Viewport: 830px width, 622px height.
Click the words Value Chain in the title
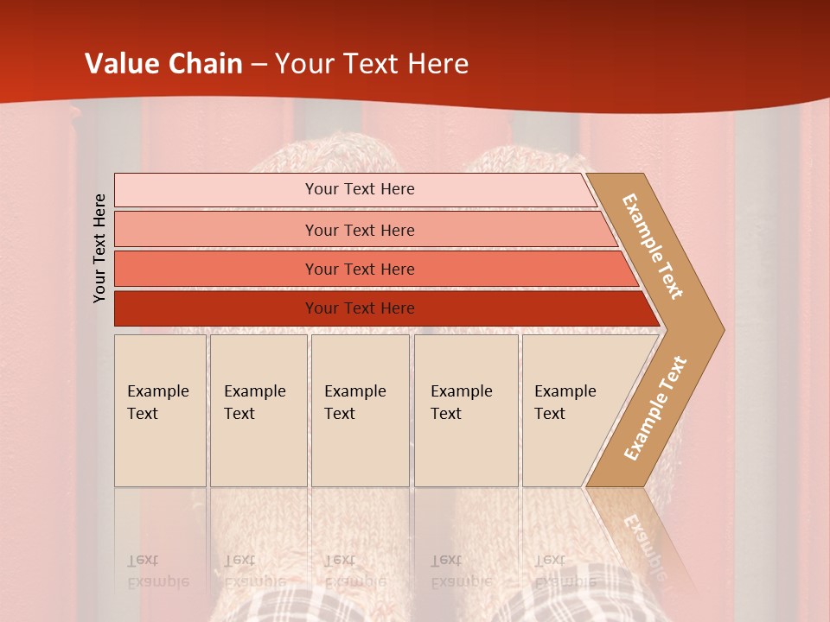point(163,64)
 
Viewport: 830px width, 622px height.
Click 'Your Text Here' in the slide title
point(372,64)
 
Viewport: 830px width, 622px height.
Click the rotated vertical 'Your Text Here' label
point(100,248)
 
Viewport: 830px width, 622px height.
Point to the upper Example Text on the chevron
point(653,246)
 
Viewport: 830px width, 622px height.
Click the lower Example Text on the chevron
point(655,408)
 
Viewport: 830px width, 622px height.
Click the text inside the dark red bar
point(360,308)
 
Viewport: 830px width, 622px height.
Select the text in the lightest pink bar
point(360,189)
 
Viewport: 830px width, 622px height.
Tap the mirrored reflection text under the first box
point(157,571)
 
